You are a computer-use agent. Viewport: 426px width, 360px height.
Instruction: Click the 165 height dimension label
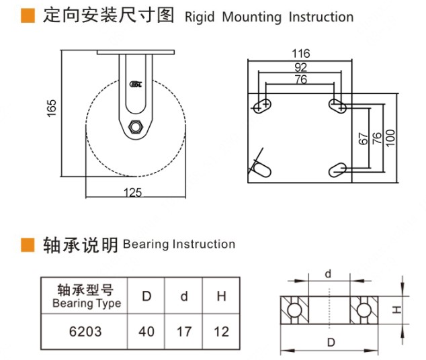pyautogui.click(x=52, y=108)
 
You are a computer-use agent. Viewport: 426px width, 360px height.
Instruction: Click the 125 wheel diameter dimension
pyautogui.click(x=132, y=193)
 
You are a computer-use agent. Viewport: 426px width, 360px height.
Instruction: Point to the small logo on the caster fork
pyautogui.click(x=136, y=85)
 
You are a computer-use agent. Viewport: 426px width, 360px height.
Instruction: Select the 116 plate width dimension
pyautogui.click(x=301, y=54)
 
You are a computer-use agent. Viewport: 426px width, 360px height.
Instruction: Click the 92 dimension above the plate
pyautogui.click(x=301, y=67)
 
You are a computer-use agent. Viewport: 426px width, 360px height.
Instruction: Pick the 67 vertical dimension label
pyautogui.click(x=364, y=138)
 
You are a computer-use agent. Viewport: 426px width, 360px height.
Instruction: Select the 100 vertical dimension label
pyautogui.click(x=390, y=138)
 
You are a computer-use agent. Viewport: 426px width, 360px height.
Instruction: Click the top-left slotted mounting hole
pyautogui.click(x=262, y=105)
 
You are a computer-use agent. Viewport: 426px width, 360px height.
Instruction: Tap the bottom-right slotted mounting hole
pyautogui.click(x=337, y=170)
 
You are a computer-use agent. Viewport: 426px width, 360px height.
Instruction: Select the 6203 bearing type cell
pyautogui.click(x=85, y=332)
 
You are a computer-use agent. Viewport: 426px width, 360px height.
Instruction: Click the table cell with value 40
pyautogui.click(x=146, y=332)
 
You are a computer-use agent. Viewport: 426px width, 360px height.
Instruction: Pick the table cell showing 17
pyautogui.click(x=184, y=332)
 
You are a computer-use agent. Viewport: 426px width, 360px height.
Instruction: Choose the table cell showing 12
pyautogui.click(x=222, y=332)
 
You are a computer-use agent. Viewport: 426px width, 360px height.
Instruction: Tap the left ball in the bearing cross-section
pyautogui.click(x=294, y=310)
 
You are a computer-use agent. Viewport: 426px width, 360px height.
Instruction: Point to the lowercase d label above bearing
pyautogui.click(x=328, y=274)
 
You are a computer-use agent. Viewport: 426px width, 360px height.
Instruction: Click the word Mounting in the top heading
pyautogui.click(x=251, y=17)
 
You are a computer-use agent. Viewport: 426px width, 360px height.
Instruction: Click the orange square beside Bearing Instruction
pyautogui.click(x=28, y=245)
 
